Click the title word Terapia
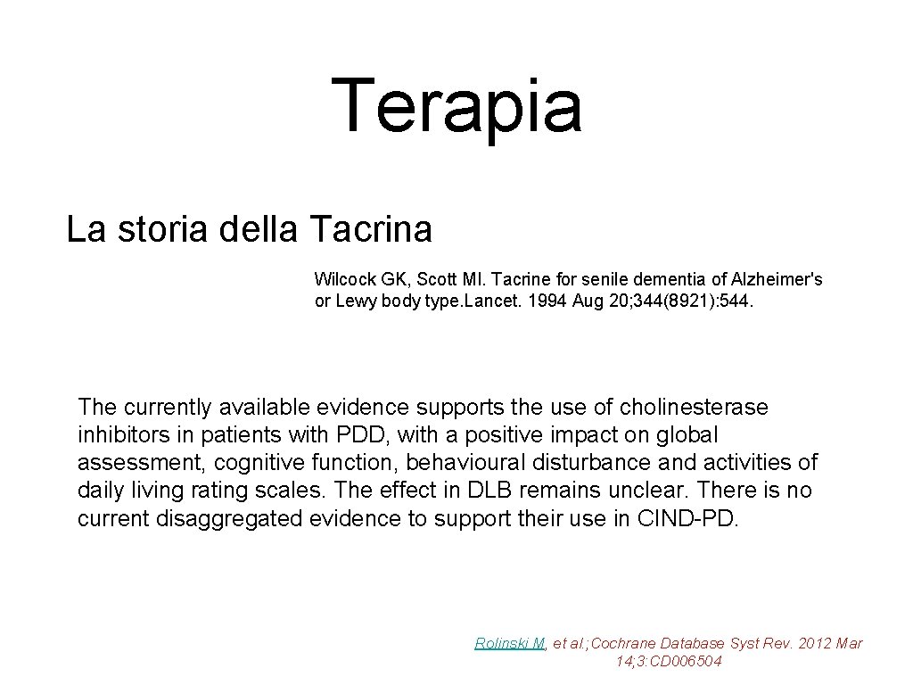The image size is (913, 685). [x=456, y=106]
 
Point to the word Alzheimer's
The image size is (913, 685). [x=784, y=279]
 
